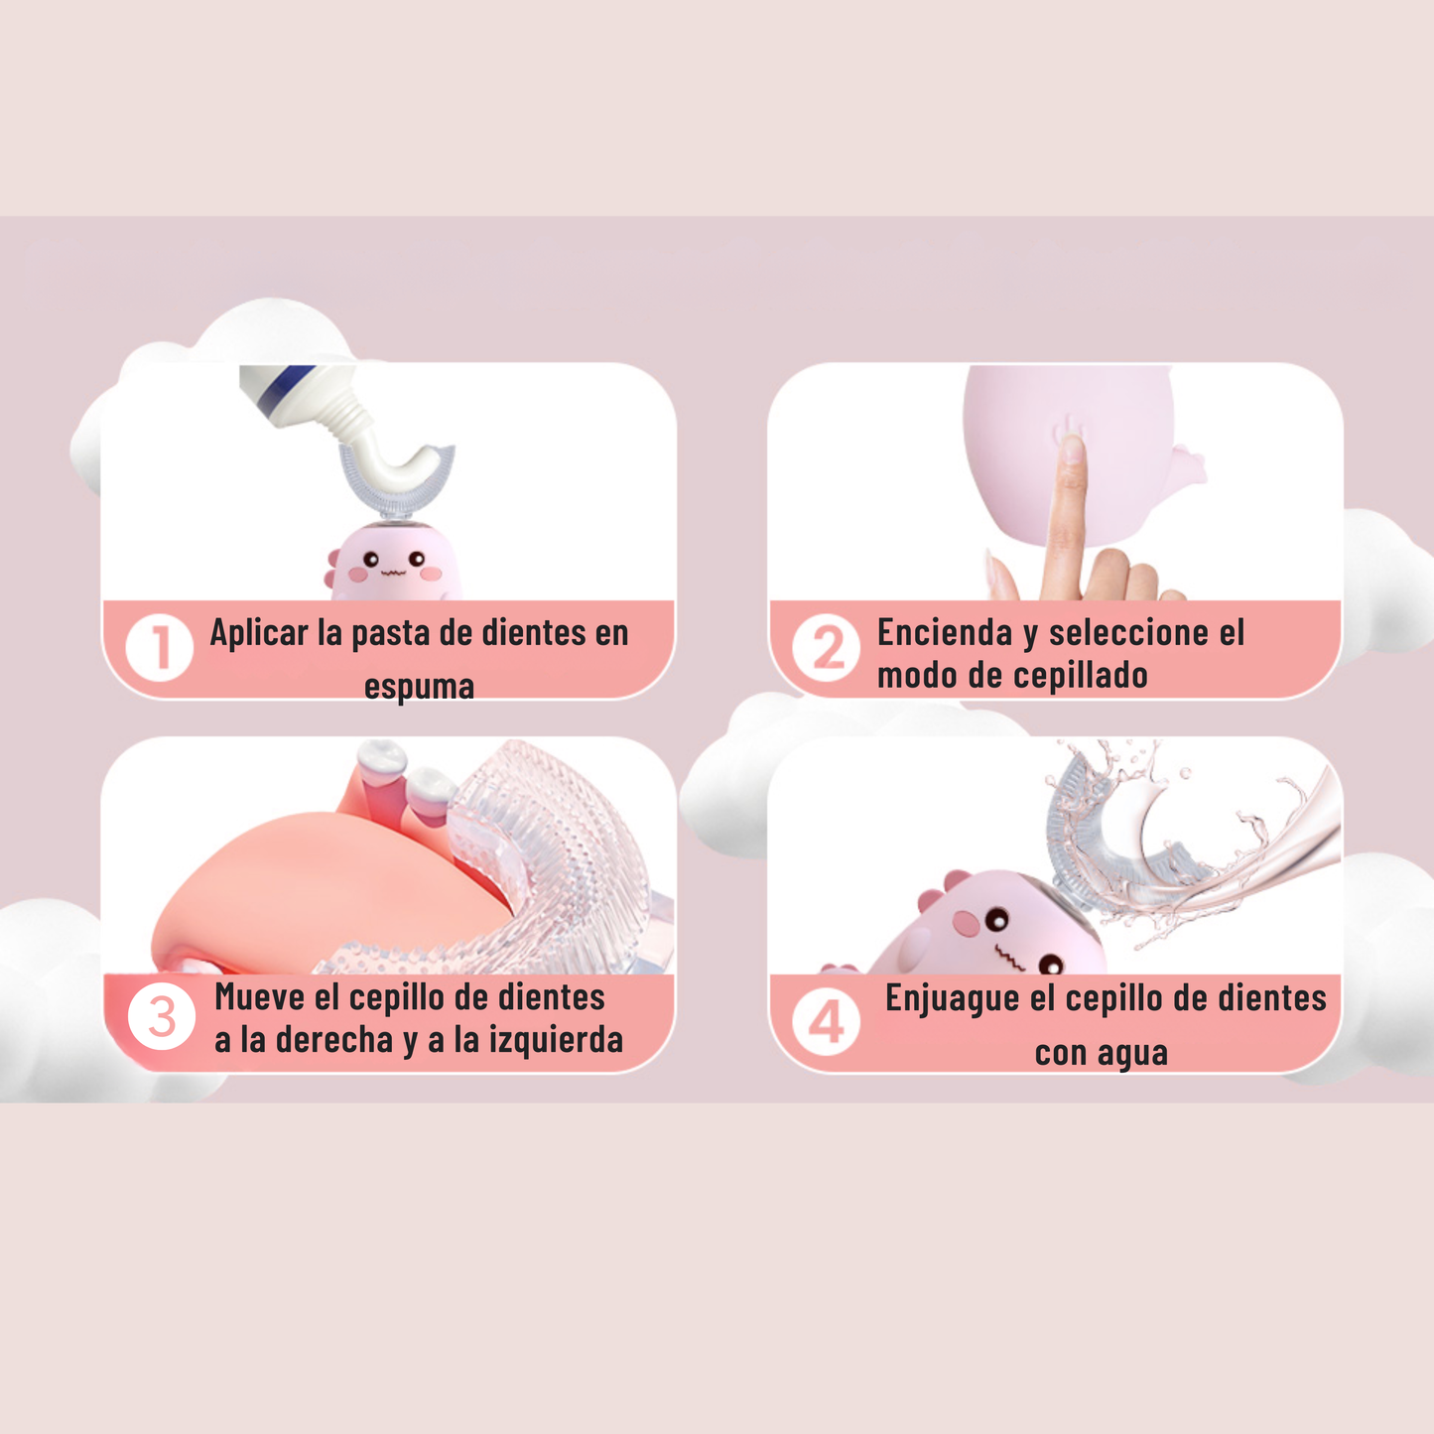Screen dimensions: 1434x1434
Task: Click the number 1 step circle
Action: [159, 648]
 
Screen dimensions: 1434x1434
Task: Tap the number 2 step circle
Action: [826, 648]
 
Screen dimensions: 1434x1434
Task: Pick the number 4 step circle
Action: [826, 1021]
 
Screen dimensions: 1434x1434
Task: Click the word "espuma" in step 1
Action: [419, 687]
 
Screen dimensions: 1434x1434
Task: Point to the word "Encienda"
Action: [945, 633]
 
